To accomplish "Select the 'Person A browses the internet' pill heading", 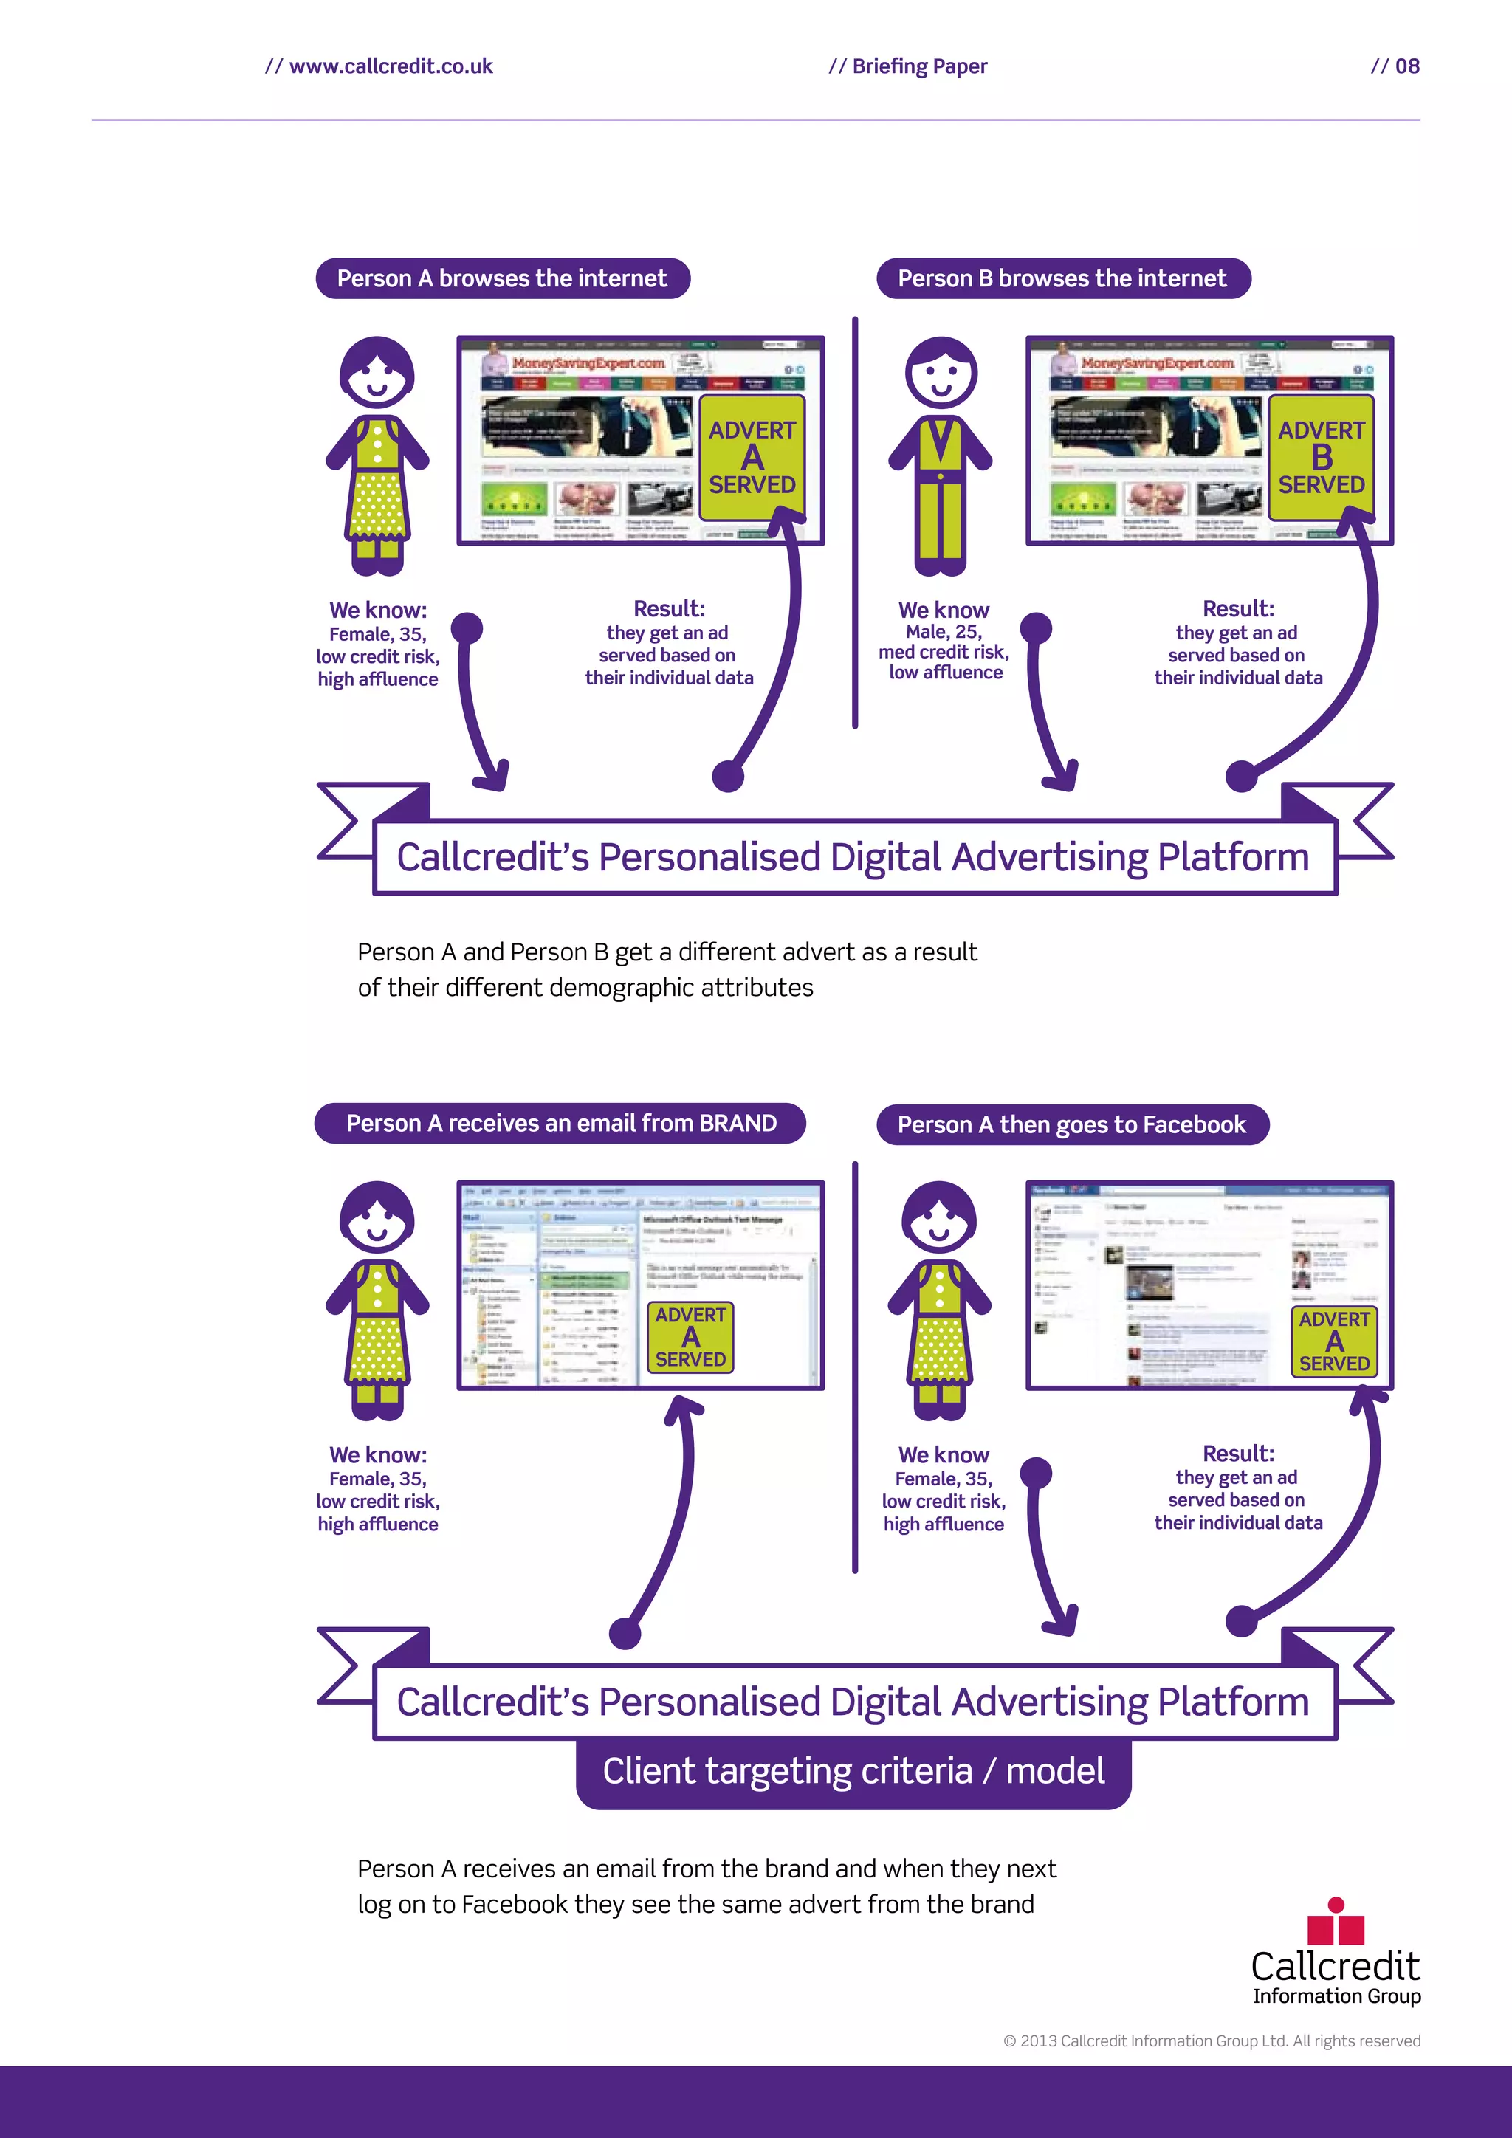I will click(502, 278).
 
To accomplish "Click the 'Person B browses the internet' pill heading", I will click(1062, 278).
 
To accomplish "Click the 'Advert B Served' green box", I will click(1321, 457).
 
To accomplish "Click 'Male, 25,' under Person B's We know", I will click(943, 631).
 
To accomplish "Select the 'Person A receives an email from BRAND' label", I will click(560, 1123).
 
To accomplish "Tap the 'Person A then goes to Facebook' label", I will click(1072, 1125).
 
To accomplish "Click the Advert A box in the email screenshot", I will click(690, 1337).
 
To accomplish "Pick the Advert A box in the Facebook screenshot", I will click(1334, 1341).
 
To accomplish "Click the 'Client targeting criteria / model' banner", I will click(853, 1771).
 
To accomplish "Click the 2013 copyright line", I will click(1212, 2041).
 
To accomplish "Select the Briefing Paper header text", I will click(908, 66).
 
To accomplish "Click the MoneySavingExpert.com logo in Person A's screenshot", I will click(588, 363).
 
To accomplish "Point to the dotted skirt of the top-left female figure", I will click(377, 506).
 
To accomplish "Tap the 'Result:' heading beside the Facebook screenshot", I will click(1237, 1454).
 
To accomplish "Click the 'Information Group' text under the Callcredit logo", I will click(1336, 1996).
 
